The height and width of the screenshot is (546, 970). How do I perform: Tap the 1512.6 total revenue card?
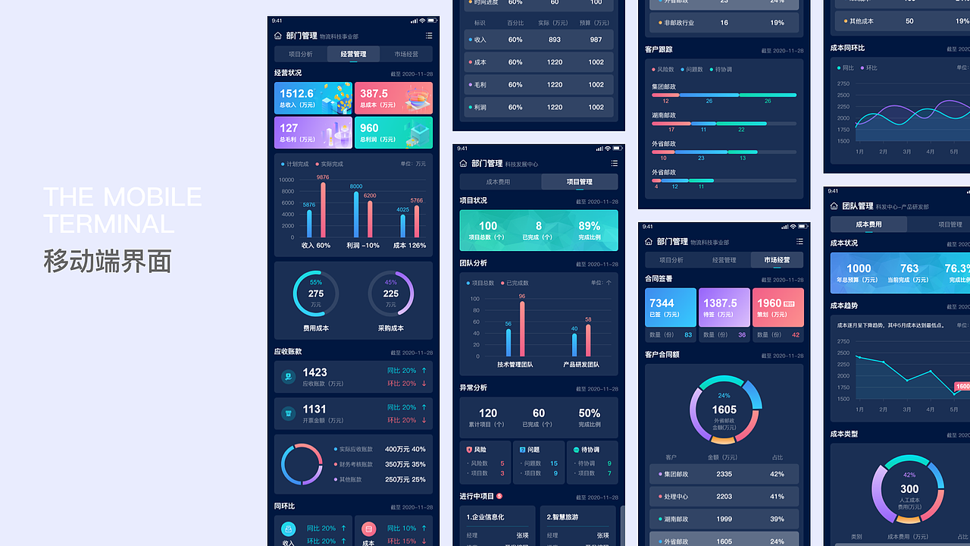[313, 98]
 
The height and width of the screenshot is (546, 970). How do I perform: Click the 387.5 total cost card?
[393, 98]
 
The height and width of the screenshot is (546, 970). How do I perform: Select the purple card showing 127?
[313, 132]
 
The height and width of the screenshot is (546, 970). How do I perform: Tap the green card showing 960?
[393, 132]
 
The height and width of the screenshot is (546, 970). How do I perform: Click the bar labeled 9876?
[323, 210]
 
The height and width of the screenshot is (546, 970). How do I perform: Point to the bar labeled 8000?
[356, 215]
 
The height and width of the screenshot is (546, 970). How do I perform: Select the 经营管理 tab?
[353, 54]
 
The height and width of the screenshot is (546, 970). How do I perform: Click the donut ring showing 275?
[315, 293]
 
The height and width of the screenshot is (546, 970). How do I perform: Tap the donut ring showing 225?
[390, 293]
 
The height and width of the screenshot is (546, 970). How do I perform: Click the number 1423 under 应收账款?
[314, 372]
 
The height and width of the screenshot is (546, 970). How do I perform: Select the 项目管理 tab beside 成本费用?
[579, 182]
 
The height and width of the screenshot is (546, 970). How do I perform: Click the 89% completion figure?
[589, 226]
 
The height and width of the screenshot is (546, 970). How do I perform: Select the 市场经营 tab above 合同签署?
[777, 260]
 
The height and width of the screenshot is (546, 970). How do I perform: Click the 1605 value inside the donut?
[724, 409]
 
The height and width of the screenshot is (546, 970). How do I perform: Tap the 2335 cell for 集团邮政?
[724, 474]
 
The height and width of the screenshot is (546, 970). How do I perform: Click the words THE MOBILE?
[122, 197]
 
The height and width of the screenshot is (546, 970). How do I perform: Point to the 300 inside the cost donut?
[909, 489]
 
